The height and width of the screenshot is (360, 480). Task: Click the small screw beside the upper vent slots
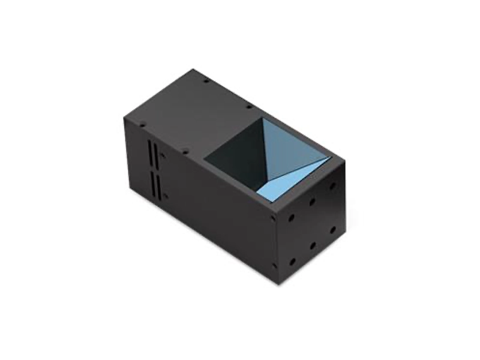(x=163, y=158)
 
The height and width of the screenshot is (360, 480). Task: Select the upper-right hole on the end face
(x=332, y=186)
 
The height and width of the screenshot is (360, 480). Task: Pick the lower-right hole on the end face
(x=333, y=230)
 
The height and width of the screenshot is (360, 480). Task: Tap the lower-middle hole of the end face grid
(x=313, y=245)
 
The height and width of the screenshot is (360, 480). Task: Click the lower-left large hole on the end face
(x=292, y=262)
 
